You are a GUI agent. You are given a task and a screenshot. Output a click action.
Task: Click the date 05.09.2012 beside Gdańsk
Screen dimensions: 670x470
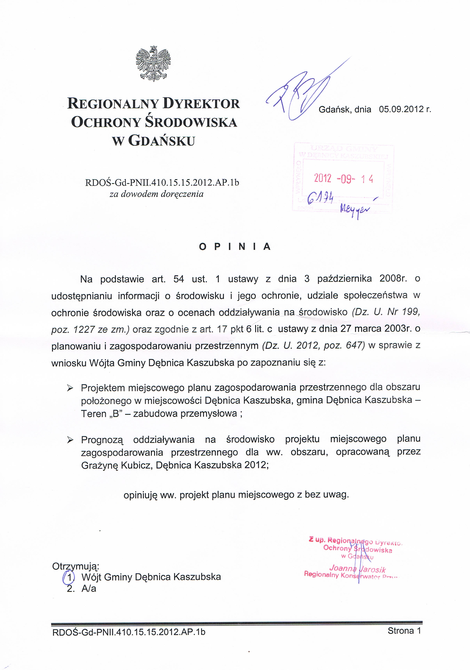coord(401,109)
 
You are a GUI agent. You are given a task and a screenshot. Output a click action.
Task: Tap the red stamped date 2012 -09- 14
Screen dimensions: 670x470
coord(343,178)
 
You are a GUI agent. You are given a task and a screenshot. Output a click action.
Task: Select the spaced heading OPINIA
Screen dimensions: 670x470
coord(235,247)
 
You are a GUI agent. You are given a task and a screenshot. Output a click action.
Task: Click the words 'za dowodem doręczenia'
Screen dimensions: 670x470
coord(156,194)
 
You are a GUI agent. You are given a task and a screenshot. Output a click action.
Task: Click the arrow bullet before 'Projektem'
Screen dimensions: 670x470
coord(70,388)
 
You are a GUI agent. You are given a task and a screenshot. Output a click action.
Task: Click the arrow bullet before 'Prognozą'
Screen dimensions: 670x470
coord(70,440)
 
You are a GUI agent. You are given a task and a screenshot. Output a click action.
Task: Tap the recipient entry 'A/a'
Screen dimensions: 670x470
coord(89,588)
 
